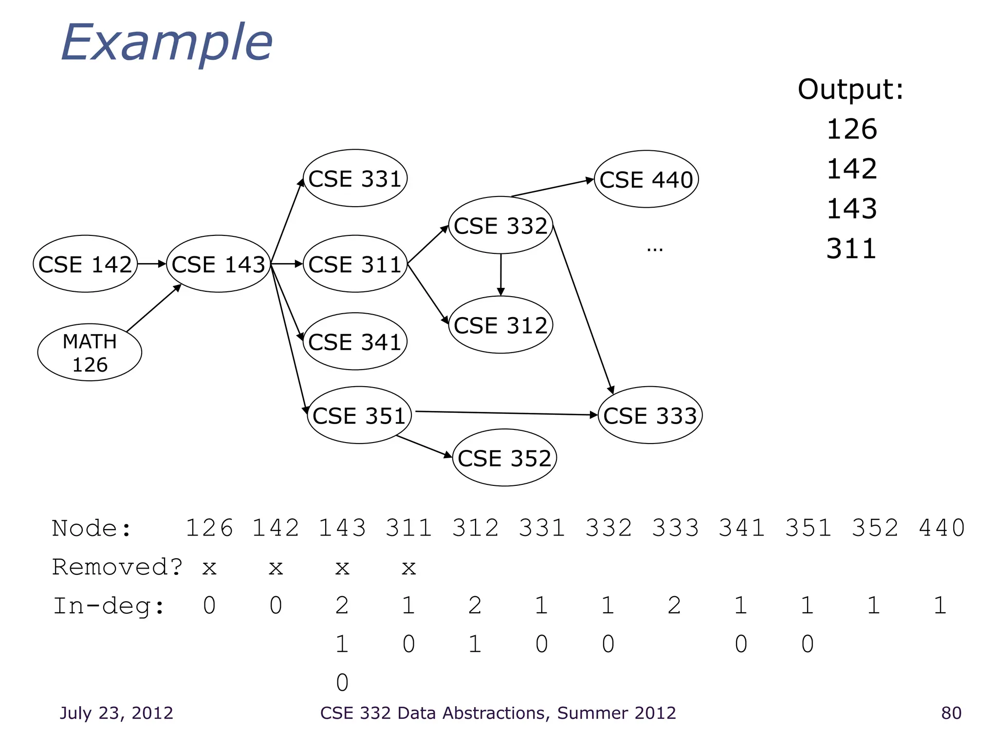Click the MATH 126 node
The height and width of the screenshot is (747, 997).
click(90, 353)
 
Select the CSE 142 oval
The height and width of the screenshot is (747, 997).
click(85, 264)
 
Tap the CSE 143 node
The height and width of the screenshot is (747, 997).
click(219, 264)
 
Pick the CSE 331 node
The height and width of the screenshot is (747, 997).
click(355, 178)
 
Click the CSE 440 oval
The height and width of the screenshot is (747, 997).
click(646, 179)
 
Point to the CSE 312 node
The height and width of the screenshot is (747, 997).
click(500, 325)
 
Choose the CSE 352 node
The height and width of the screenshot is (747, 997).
click(504, 458)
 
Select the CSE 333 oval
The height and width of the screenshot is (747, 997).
click(650, 415)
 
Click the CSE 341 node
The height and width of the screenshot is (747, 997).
click(355, 341)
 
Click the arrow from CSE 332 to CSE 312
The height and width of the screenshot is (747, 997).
click(500, 275)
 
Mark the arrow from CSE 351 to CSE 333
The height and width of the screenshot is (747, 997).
click(506, 413)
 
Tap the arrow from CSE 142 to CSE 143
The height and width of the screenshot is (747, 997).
click(152, 264)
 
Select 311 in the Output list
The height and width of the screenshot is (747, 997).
click(851, 249)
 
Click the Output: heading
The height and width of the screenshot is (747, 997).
click(850, 89)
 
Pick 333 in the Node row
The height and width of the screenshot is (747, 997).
click(675, 528)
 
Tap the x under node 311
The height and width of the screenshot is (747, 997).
click(408, 568)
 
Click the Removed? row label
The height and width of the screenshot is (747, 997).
click(117, 567)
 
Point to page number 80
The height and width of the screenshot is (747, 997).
click(951, 713)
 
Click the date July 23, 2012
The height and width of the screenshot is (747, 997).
click(116, 713)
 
